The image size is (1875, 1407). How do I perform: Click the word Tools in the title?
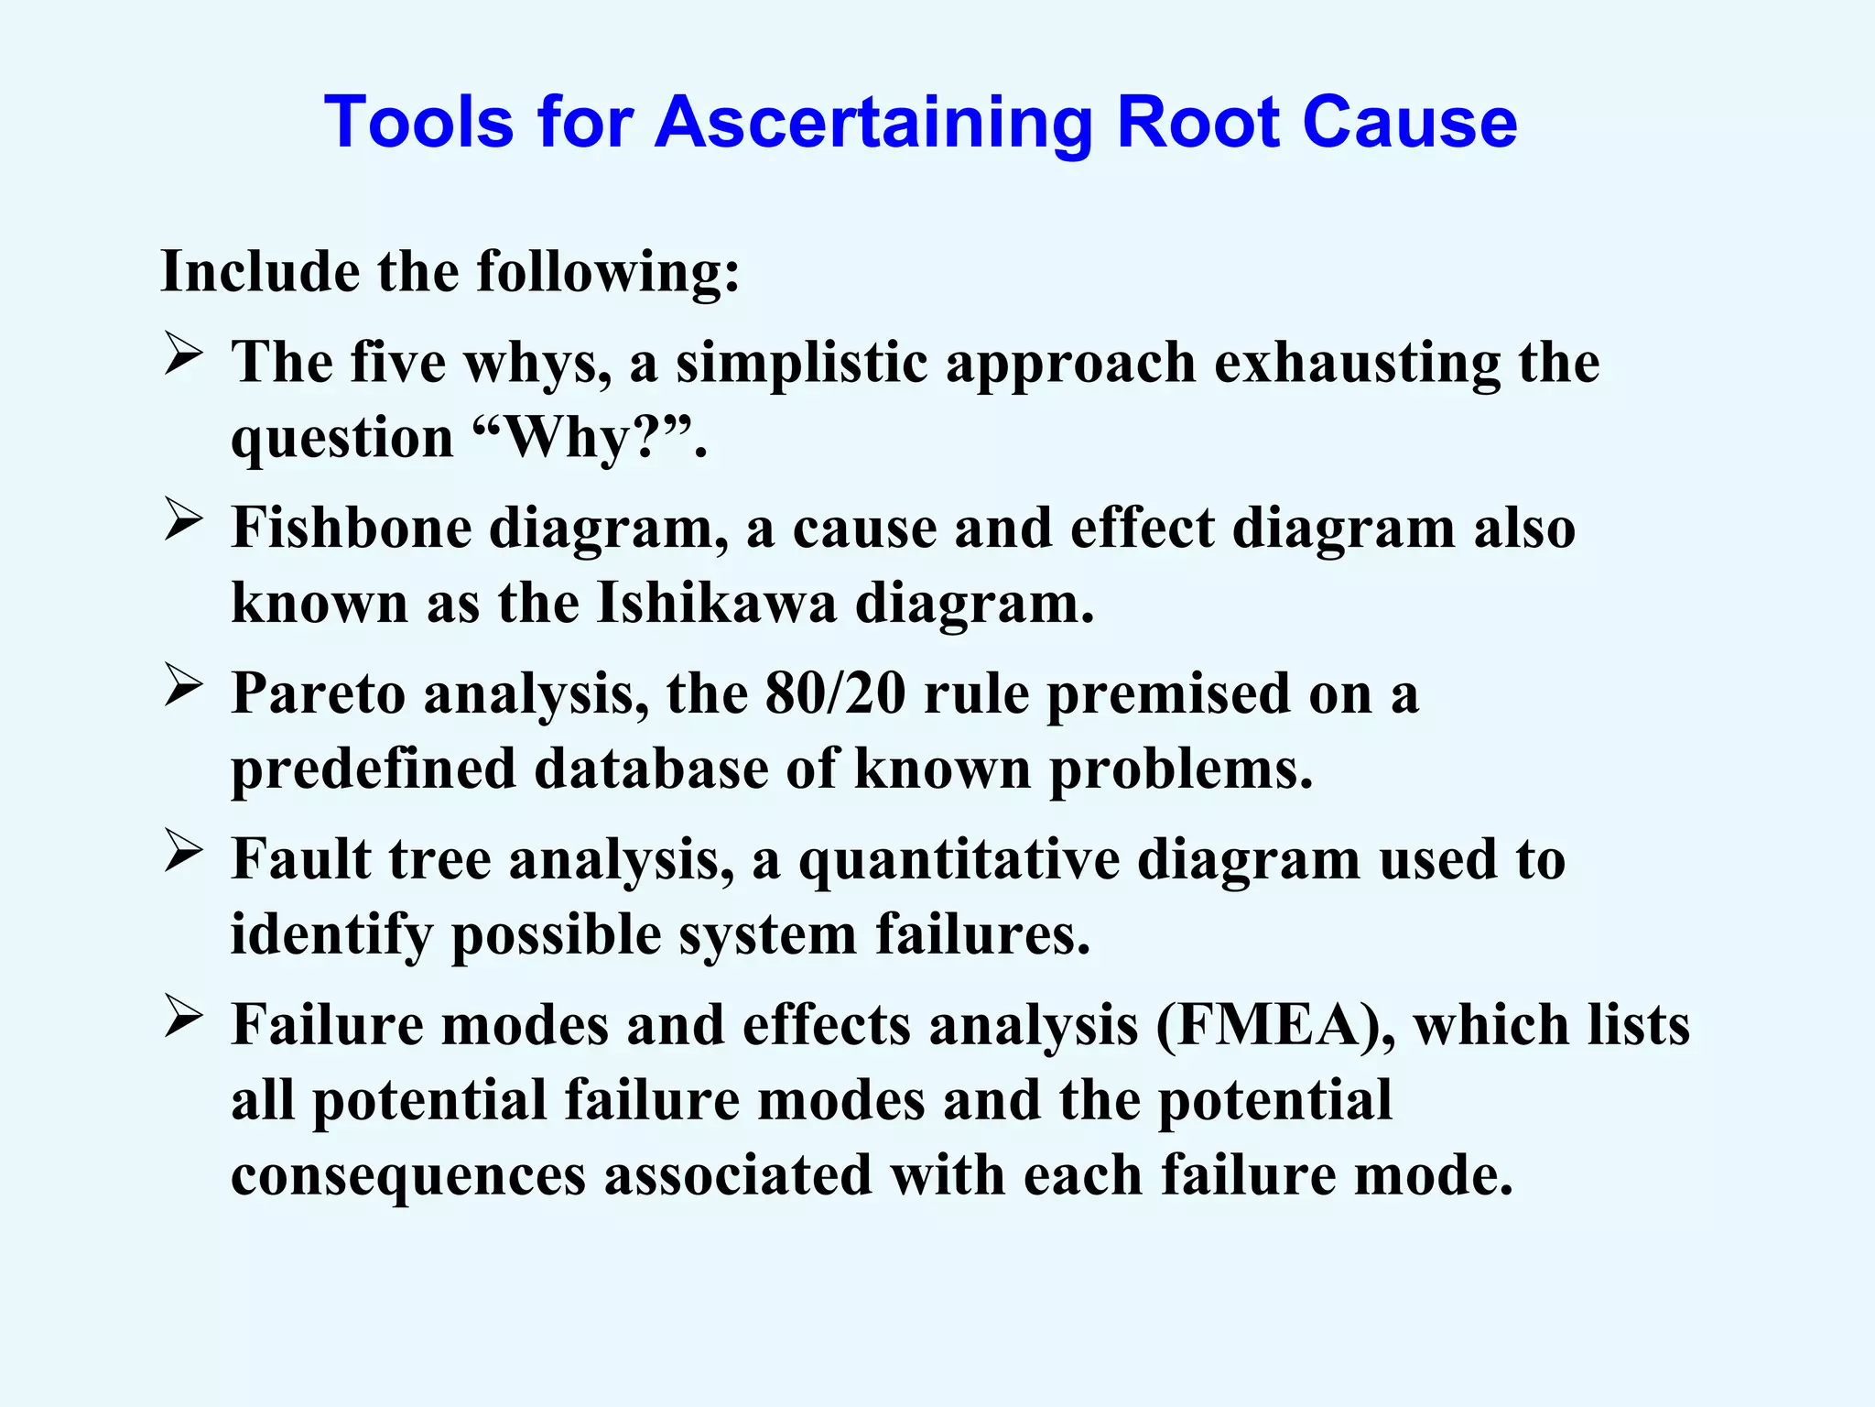pos(417,122)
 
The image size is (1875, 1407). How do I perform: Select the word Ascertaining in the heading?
pos(873,122)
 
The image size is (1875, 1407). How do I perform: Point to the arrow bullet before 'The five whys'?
pos(183,355)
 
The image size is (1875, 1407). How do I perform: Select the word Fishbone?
pos(351,529)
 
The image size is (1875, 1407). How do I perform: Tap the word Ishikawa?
pos(716,604)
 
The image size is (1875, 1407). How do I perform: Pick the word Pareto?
pos(318,693)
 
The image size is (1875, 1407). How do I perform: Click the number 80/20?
pos(835,693)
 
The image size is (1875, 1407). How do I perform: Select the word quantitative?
pos(959,860)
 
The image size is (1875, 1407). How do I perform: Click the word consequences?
pos(408,1175)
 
